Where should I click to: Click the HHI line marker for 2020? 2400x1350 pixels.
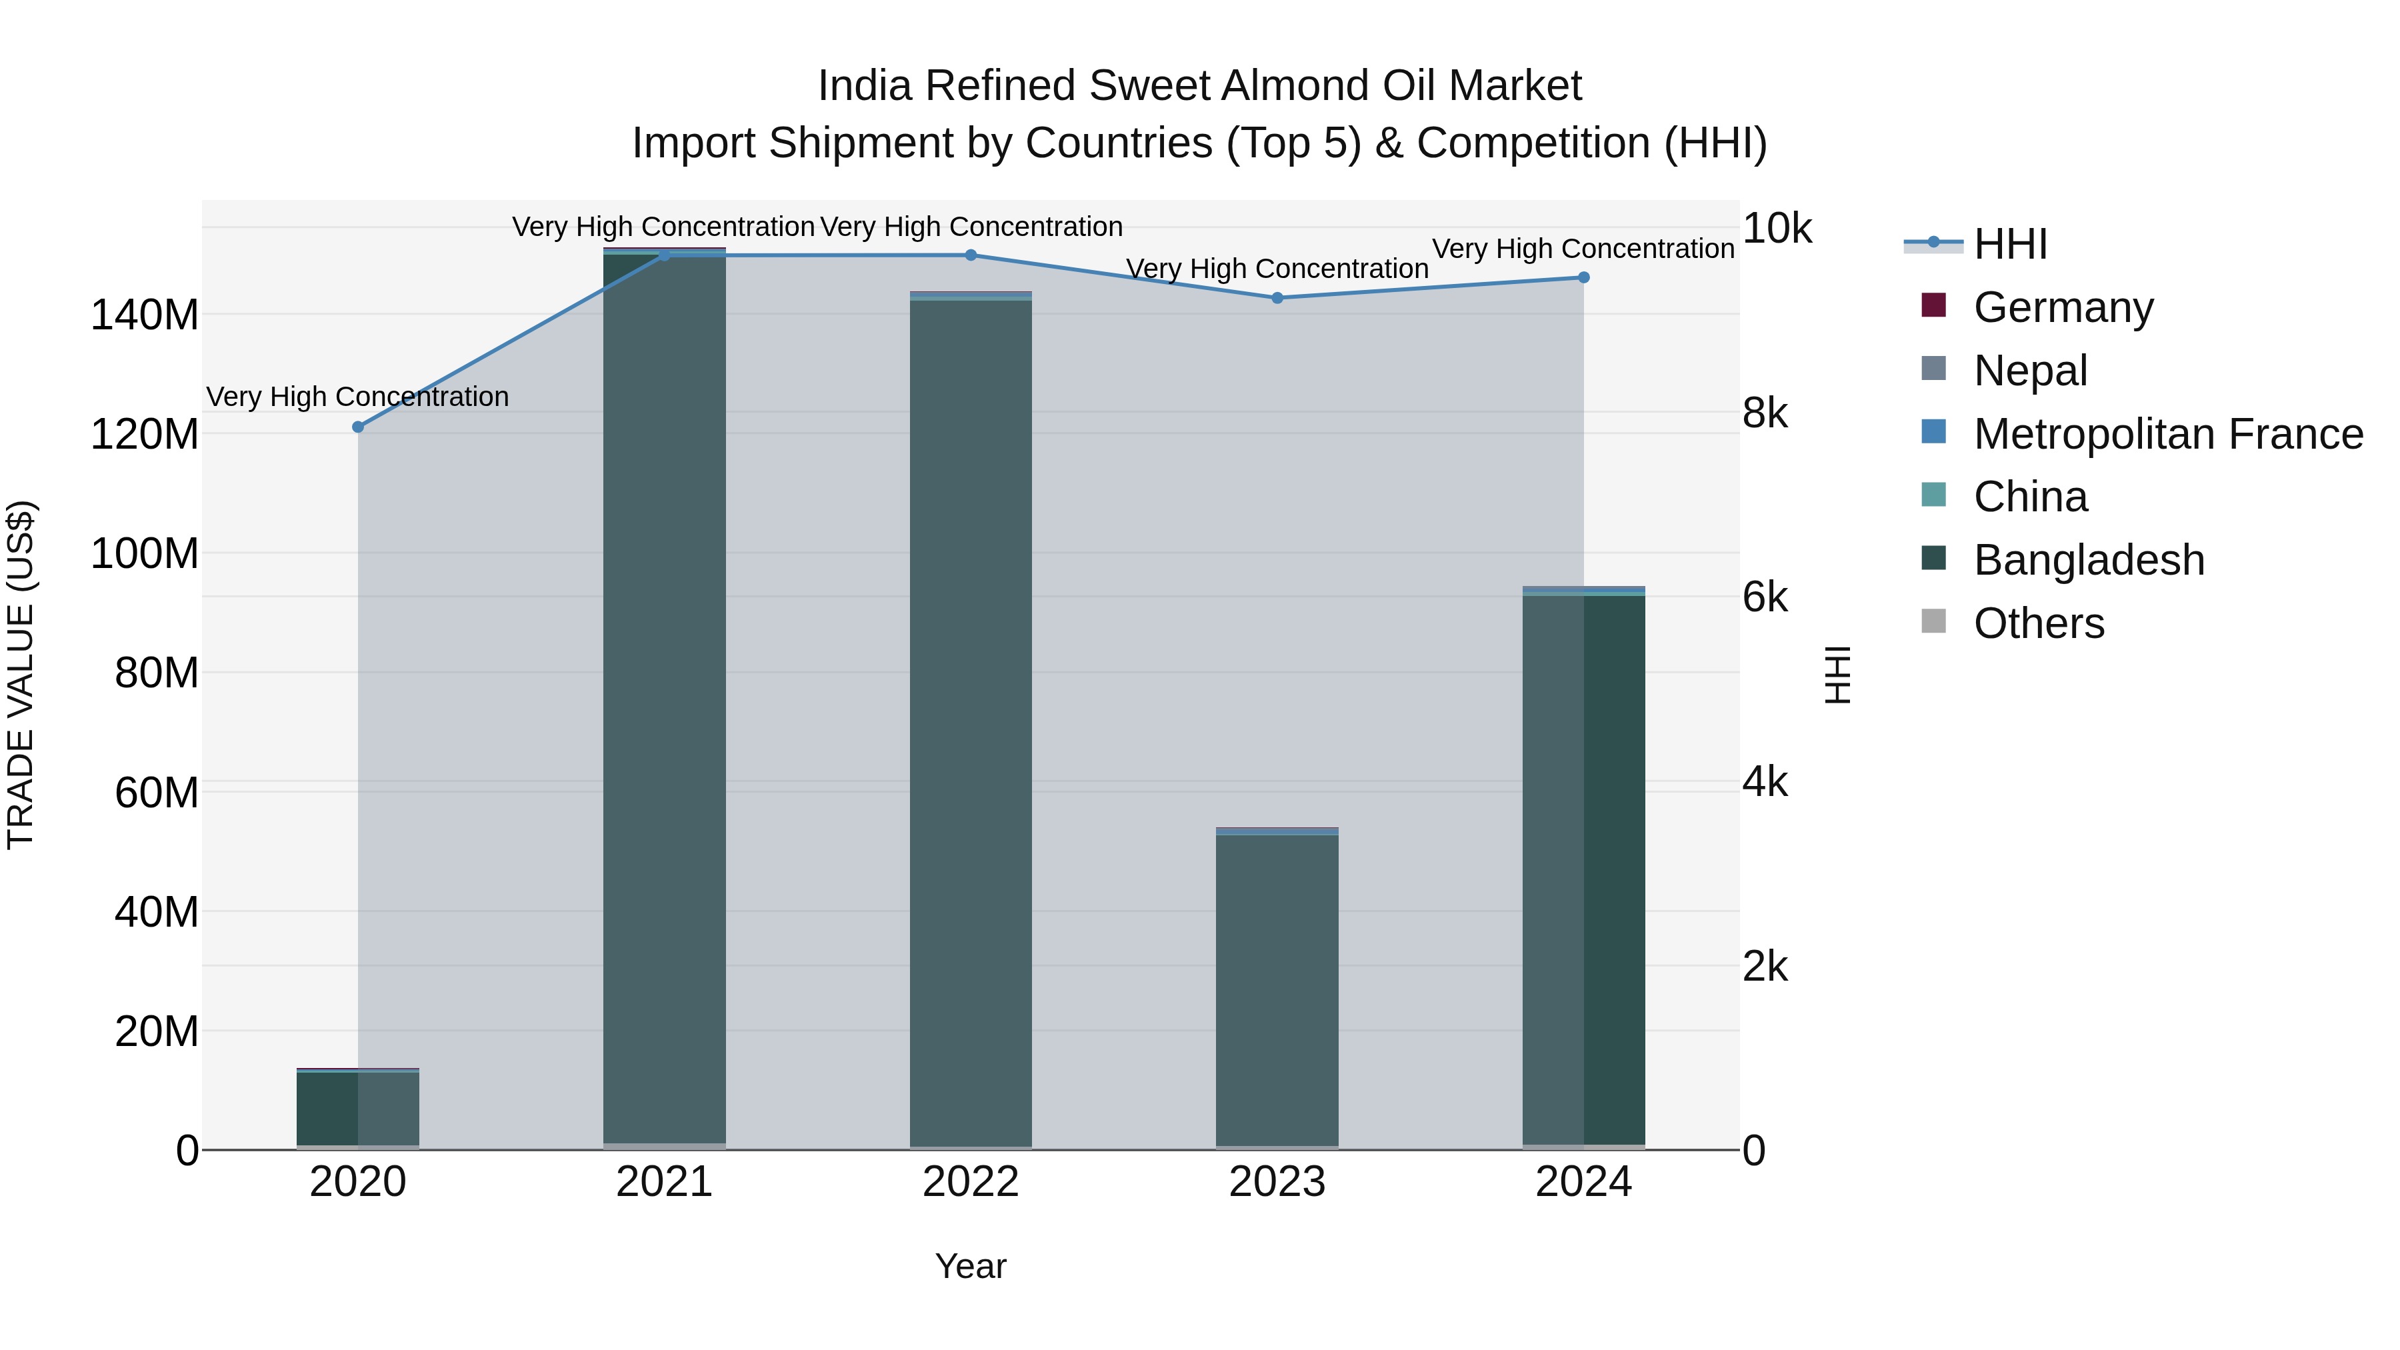coord(358,427)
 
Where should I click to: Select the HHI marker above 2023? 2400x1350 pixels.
coord(1277,298)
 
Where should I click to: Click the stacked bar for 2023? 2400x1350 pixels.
coord(1277,987)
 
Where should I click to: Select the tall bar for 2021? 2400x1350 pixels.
coord(664,699)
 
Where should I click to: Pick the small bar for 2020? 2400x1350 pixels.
coord(358,1109)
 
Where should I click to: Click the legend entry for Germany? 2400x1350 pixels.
coord(2063,307)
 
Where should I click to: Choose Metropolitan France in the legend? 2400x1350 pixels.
coord(2167,434)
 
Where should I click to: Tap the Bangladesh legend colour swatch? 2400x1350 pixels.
coord(1934,558)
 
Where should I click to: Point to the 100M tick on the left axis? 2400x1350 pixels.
coord(145,553)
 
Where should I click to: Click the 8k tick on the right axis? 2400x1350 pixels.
coord(1765,413)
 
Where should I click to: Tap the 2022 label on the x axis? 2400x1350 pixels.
coord(971,1182)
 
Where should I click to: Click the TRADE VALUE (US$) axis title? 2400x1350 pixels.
coord(21,675)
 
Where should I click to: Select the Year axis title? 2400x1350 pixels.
coord(971,1266)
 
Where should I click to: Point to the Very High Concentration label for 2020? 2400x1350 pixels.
coord(358,397)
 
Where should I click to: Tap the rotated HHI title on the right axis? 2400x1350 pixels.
coord(1837,675)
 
